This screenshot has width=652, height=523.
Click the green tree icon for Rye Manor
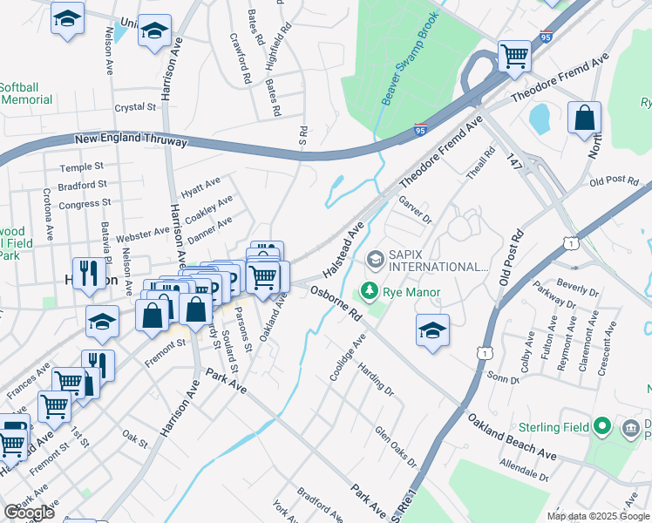(x=370, y=292)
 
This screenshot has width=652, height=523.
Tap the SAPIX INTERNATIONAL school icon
(x=376, y=259)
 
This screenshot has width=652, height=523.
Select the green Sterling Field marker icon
(x=600, y=427)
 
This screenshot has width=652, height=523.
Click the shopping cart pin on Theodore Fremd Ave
(x=514, y=57)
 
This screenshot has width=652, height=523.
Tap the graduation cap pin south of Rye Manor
(x=432, y=330)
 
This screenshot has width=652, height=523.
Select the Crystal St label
(x=134, y=107)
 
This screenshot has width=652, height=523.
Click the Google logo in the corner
(x=30, y=512)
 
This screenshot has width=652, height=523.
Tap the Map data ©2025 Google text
(x=597, y=516)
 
